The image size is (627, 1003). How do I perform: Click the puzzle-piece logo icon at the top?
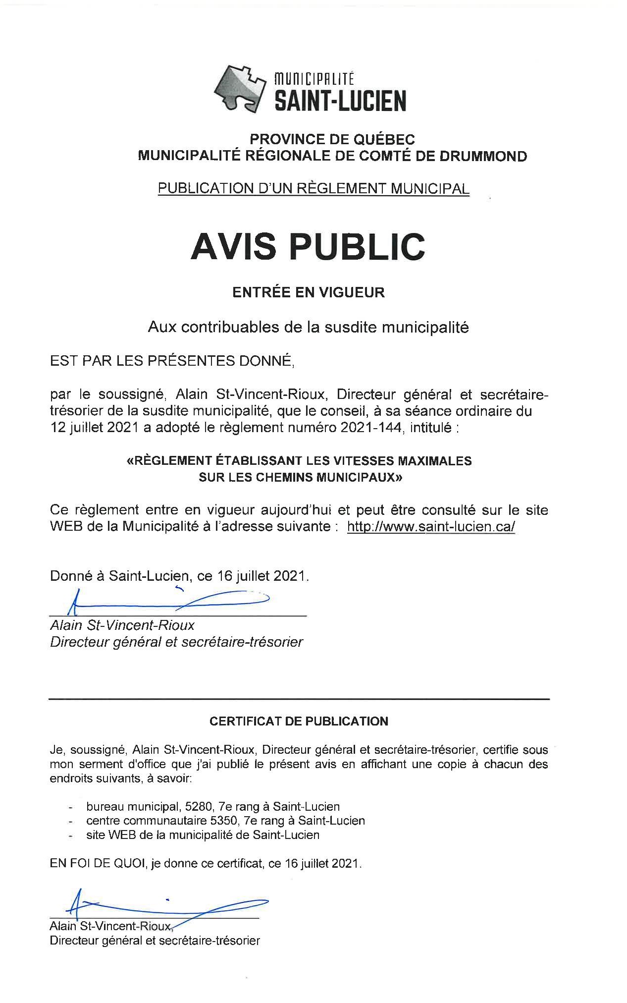coord(240,86)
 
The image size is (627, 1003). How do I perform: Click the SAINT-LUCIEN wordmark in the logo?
coord(340,101)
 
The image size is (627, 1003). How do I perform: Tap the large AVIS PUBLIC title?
coord(308,246)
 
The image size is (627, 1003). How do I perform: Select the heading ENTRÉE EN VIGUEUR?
coord(309,292)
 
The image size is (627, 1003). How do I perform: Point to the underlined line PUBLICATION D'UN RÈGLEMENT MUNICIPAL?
coord(313,188)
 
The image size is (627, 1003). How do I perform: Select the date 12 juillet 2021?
coord(94,428)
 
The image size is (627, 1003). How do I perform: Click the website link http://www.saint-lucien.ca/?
coord(431,526)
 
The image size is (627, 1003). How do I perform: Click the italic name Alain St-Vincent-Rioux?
coord(122,625)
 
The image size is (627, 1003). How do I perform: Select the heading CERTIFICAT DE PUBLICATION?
coord(299,721)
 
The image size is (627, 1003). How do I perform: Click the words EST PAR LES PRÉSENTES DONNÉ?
coord(172,361)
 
